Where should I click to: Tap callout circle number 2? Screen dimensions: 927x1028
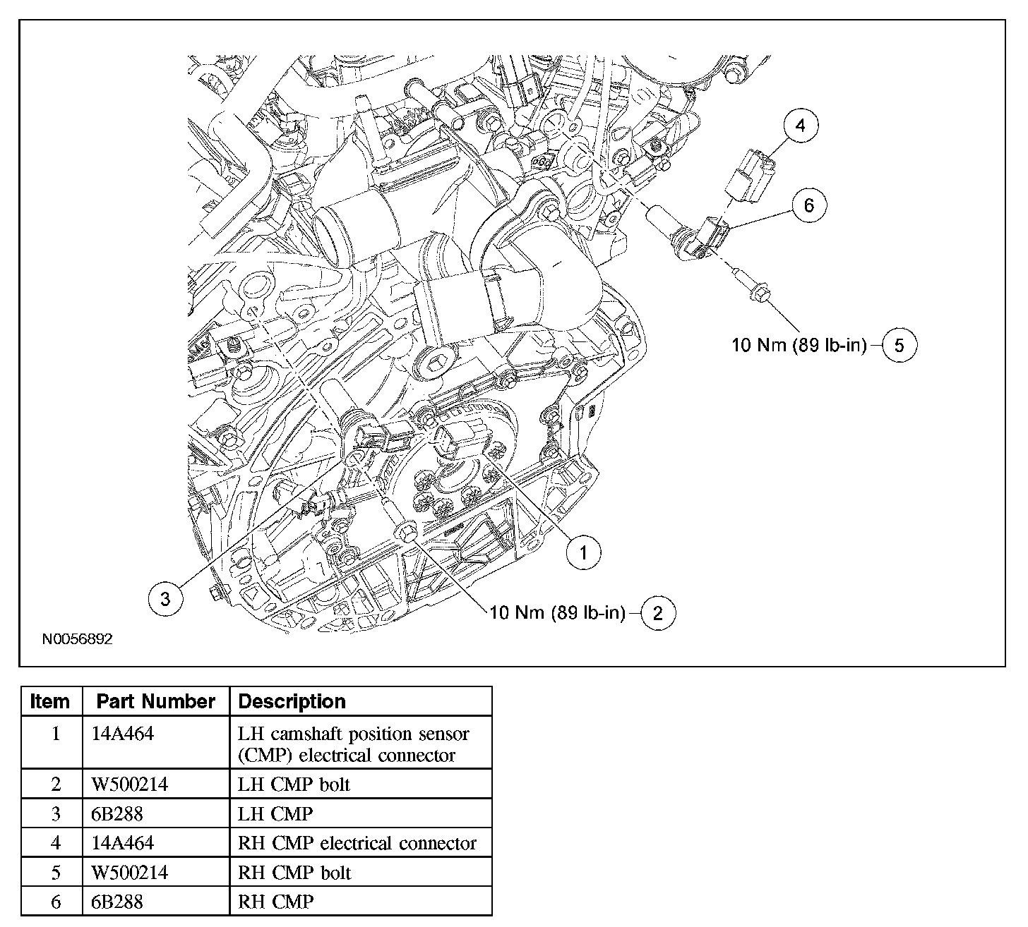658,613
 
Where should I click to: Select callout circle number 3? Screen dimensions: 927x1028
165,599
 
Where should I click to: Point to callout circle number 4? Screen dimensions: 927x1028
800,126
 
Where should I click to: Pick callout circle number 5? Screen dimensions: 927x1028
899,345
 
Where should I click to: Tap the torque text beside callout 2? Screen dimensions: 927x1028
557,613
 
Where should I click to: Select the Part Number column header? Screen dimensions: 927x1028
155,701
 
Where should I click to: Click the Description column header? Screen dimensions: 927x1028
292,701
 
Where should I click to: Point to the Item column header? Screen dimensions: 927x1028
51,701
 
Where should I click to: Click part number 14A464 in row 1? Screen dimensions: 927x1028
123,734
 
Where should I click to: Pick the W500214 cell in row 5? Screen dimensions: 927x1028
130,873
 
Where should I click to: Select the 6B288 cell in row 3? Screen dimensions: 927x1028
117,814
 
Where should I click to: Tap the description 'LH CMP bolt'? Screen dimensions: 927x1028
294,784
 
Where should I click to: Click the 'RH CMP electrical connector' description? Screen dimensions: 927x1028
357,843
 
